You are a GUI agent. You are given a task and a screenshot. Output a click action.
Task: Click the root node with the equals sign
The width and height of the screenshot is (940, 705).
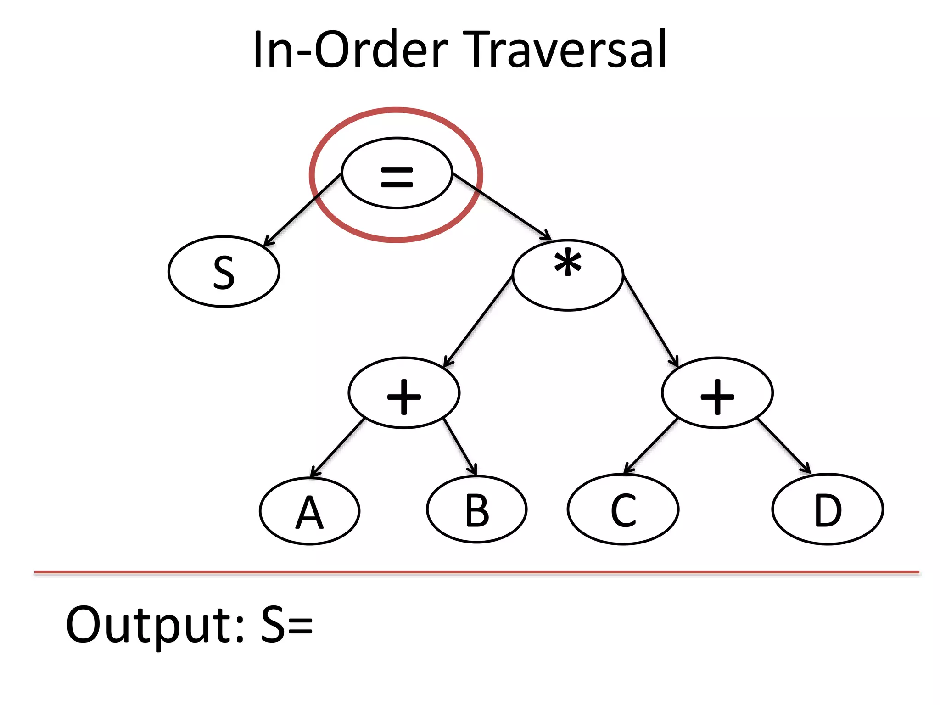pos(397,173)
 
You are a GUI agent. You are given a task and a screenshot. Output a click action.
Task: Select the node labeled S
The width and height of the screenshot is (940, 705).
pos(224,272)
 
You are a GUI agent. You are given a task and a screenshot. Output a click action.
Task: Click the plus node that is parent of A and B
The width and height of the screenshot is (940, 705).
pos(404,393)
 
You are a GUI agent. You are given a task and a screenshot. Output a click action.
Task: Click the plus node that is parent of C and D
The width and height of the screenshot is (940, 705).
pos(717,393)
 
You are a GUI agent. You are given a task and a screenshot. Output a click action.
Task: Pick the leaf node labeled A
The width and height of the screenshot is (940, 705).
pos(310,511)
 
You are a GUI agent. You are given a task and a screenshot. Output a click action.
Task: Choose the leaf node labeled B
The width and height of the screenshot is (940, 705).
pos(477,509)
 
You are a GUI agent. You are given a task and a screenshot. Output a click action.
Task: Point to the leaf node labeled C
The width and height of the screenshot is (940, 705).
pos(623,509)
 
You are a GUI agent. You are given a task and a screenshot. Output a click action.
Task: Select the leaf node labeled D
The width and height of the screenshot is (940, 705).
pos(828,509)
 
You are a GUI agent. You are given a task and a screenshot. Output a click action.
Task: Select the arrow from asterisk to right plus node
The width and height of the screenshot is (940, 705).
pos(651,321)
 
